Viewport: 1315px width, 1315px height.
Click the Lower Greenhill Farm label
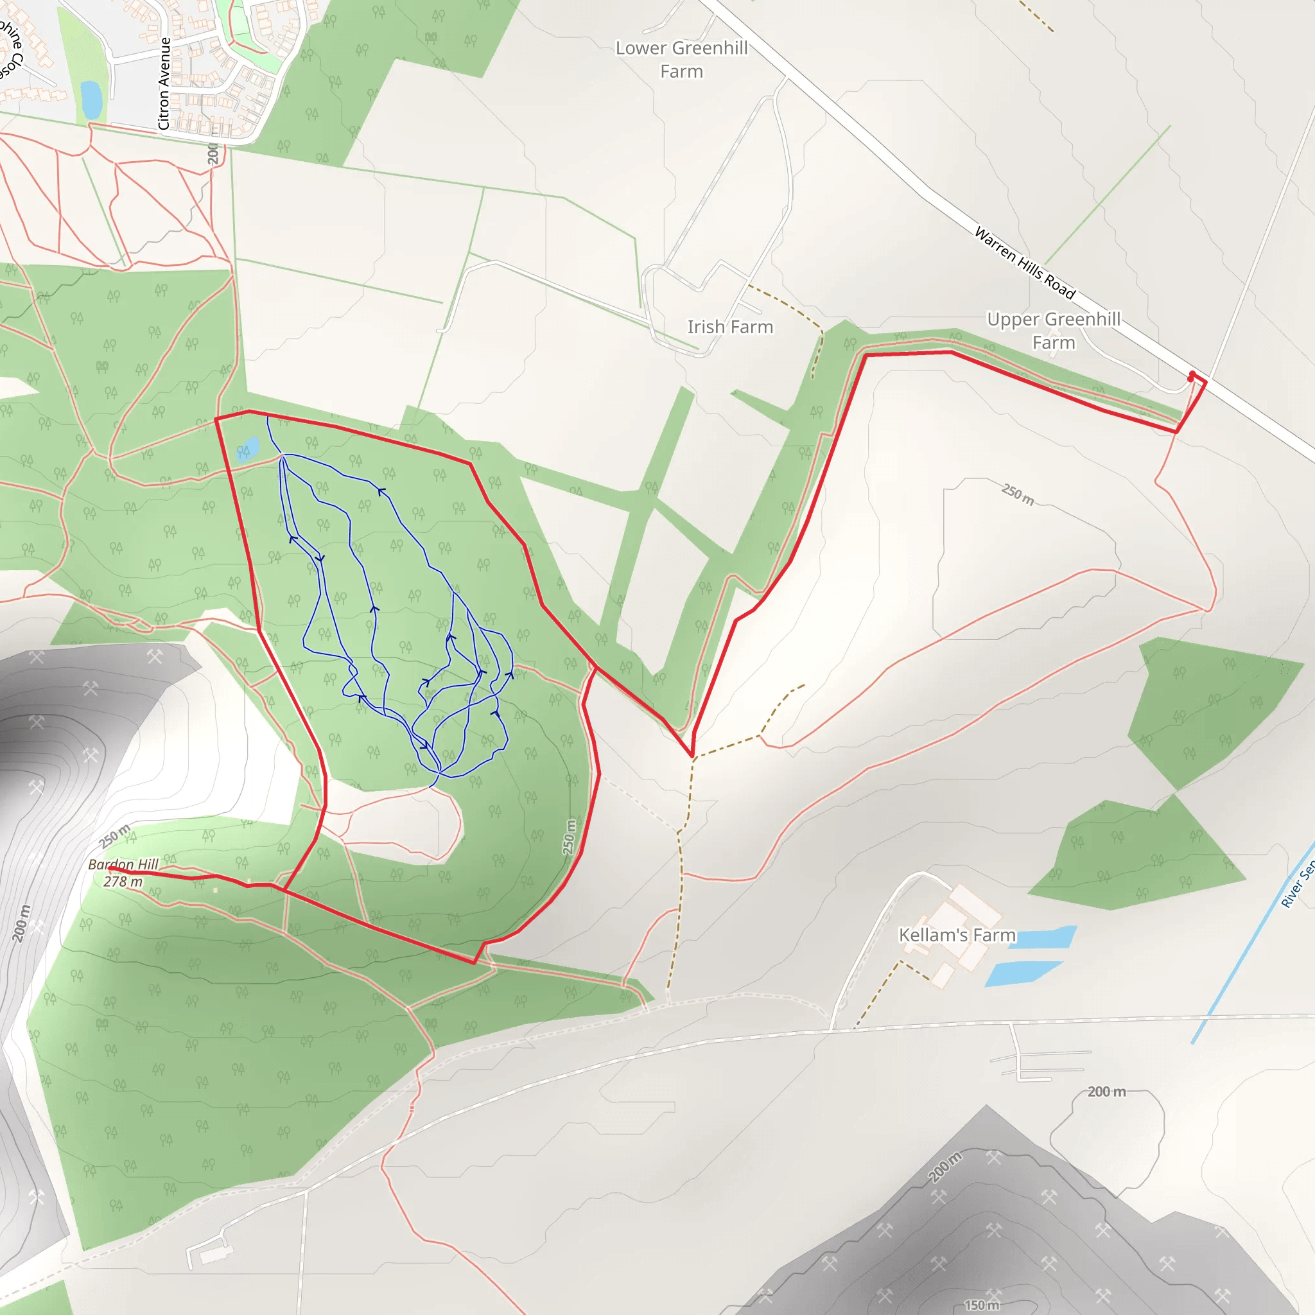tap(681, 59)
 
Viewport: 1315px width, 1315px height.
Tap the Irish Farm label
tap(729, 327)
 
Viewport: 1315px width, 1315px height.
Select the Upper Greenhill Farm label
tap(1053, 330)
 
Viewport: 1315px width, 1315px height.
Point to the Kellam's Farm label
tap(957, 934)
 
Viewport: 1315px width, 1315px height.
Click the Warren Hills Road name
tap(1024, 263)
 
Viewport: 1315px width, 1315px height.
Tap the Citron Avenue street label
tap(163, 83)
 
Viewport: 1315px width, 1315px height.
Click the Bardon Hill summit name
tap(123, 864)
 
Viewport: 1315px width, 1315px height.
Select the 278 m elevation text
tap(123, 882)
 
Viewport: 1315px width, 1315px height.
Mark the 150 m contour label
tap(982, 1305)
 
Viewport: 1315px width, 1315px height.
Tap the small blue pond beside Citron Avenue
tap(91, 100)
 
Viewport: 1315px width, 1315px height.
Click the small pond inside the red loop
tap(248, 449)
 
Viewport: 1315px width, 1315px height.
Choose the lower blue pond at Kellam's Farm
tap(1022, 973)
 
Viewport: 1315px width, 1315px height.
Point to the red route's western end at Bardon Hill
tap(111, 869)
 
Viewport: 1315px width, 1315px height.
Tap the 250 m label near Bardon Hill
tap(114, 836)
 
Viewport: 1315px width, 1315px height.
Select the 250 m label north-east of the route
tap(1018, 495)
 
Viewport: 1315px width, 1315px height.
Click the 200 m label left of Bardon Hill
tap(22, 923)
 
